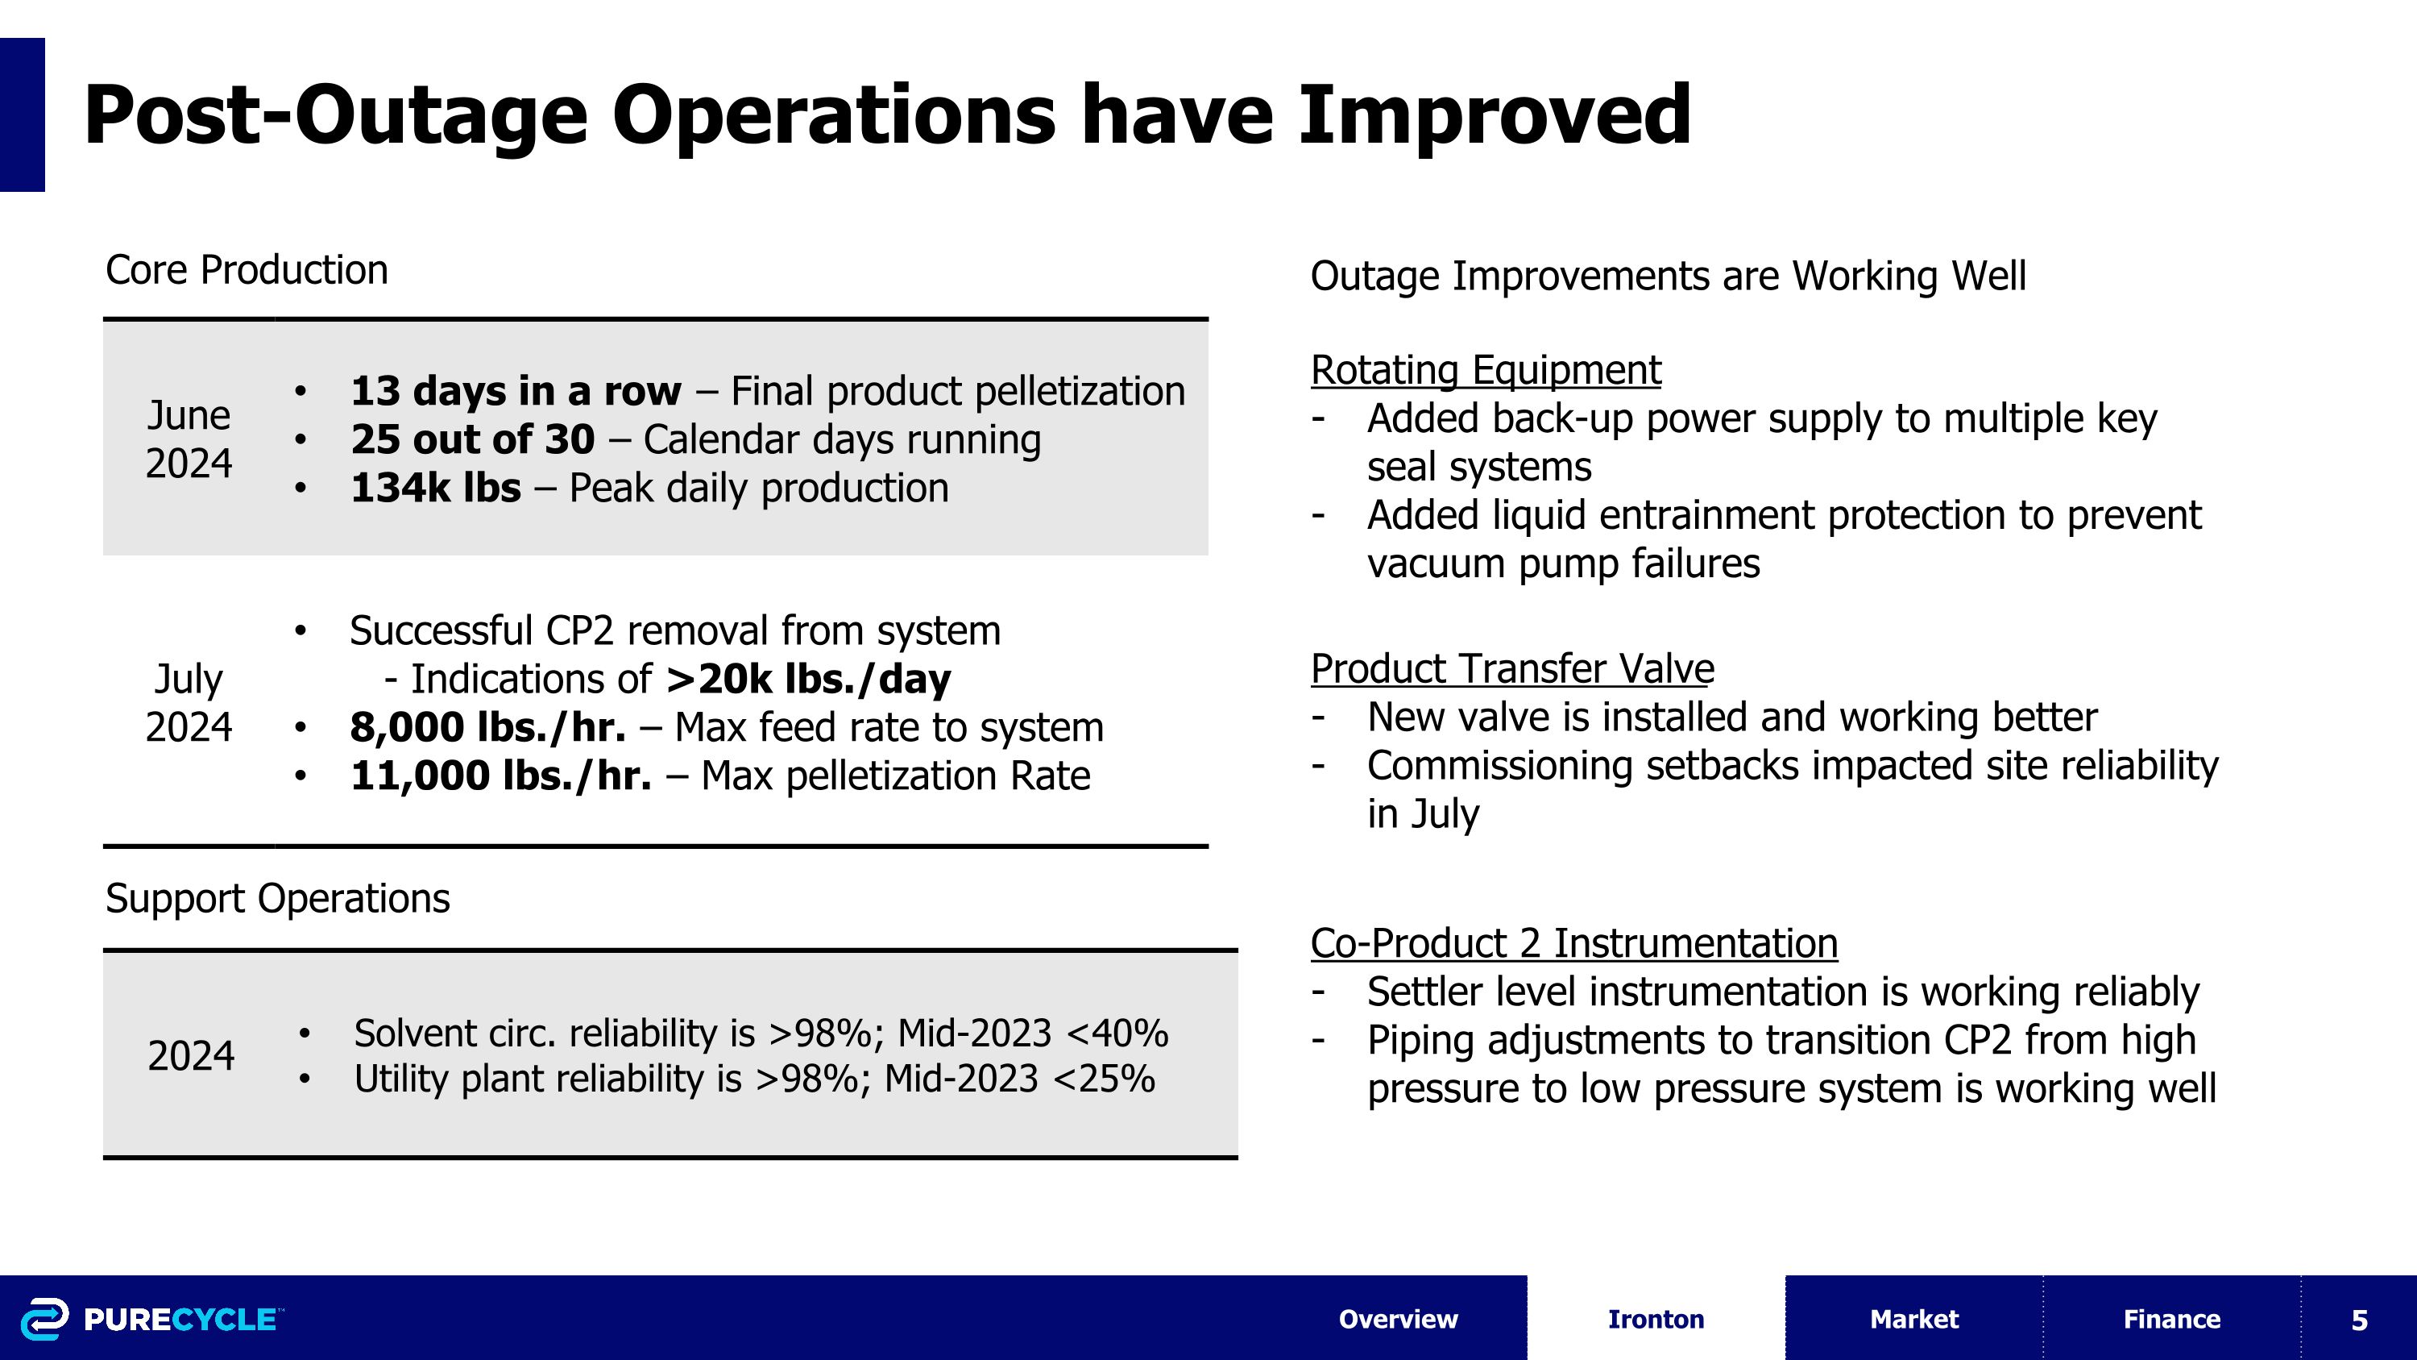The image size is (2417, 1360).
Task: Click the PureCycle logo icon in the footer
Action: [44, 1319]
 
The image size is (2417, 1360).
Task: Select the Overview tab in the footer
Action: [1397, 1319]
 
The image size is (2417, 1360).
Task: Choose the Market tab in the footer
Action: [1913, 1319]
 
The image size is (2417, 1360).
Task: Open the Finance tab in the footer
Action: [2171, 1319]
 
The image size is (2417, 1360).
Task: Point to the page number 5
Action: [2359, 1320]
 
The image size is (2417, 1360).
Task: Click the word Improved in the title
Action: [1494, 115]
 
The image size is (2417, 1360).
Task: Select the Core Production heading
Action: [247, 270]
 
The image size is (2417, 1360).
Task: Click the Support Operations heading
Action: [278, 898]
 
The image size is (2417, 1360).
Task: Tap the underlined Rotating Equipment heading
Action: [1486, 370]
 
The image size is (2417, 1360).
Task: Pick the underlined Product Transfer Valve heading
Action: [1511, 669]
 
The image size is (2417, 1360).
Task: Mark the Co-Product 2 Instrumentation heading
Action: [1573, 943]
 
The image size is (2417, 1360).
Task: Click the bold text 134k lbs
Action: [435, 488]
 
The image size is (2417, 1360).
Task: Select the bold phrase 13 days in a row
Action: [515, 391]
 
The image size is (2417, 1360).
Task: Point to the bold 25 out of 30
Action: [472, 439]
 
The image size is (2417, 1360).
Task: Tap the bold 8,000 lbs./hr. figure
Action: [487, 727]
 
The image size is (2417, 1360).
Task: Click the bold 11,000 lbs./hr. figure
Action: [500, 776]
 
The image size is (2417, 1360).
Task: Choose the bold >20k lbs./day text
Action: [808, 679]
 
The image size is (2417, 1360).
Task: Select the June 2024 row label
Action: [189, 439]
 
